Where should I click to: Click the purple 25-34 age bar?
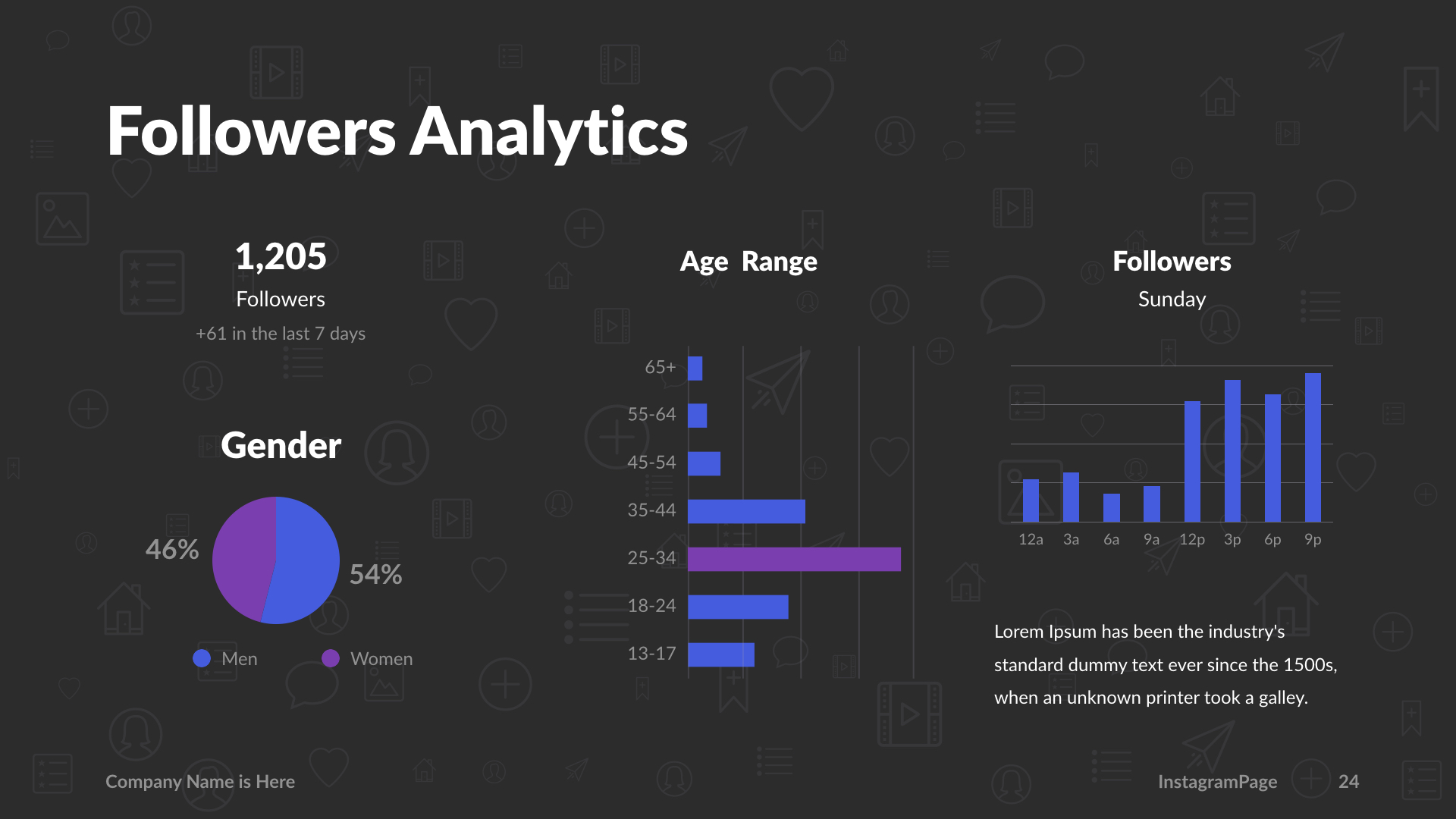(794, 559)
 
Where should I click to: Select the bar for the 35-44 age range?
(746, 511)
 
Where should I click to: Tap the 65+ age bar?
(695, 369)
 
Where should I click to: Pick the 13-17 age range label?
(651, 654)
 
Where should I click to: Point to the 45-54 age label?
(651, 463)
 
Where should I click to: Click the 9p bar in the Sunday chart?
(1313, 447)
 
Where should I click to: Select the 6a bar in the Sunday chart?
(1111, 507)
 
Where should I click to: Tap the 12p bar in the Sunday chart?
(1192, 461)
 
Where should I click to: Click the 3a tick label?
(1071, 540)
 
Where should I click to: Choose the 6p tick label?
(1272, 540)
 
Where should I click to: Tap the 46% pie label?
(172, 550)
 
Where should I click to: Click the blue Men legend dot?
(202, 658)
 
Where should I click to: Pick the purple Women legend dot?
(331, 658)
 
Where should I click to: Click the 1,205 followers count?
(281, 256)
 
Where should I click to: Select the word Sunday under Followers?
(1172, 300)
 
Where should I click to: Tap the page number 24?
(1348, 782)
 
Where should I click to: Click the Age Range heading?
(748, 262)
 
